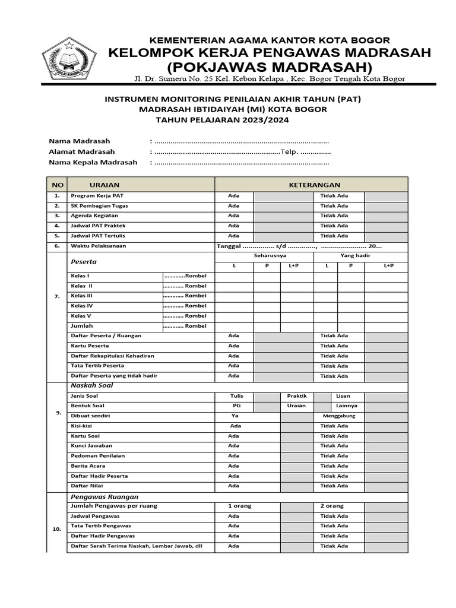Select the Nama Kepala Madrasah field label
(93, 162)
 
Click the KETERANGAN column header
(314, 185)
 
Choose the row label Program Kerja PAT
(97, 196)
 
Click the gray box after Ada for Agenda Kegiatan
(283, 216)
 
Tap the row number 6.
(57, 246)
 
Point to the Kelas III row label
(81, 296)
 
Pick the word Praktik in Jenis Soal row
(296, 396)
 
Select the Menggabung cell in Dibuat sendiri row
(338, 416)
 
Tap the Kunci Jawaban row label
(91, 446)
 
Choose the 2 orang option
(331, 506)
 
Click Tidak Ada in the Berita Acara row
(334, 466)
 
